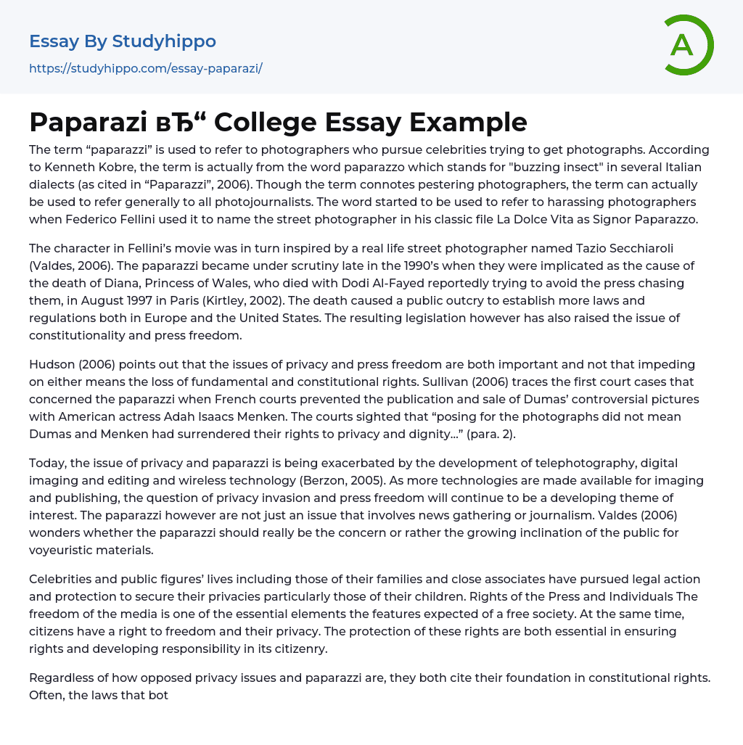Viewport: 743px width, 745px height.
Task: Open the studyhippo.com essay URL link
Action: click(145, 68)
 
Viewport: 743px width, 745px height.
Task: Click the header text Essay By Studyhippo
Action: click(123, 41)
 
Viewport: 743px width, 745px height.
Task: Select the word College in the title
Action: click(268, 122)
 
